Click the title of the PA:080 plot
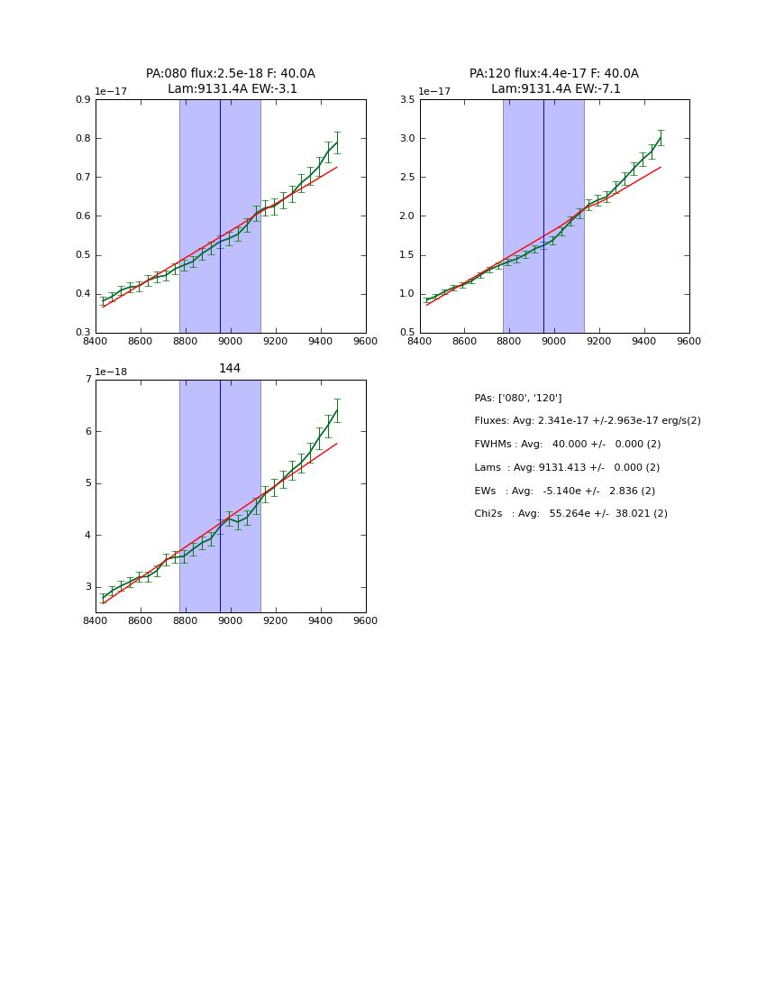[x=231, y=81]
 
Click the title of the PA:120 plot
[x=554, y=81]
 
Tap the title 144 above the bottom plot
[x=230, y=369]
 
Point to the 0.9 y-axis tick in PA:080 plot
[x=82, y=100]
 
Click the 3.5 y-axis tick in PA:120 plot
[x=406, y=100]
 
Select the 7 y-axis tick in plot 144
[x=87, y=380]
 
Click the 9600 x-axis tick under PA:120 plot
[x=688, y=341]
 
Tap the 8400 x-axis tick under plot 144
[x=96, y=620]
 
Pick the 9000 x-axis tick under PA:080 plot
[x=231, y=341]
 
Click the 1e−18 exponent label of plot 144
[x=111, y=372]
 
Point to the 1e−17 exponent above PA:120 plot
[x=434, y=91]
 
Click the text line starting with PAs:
[x=518, y=399]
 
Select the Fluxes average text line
[x=587, y=421]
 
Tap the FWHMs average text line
[x=567, y=445]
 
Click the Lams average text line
[x=567, y=468]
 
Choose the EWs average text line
[x=564, y=491]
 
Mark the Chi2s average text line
[x=570, y=514]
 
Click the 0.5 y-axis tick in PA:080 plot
[x=82, y=255]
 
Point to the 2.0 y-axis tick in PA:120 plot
[x=406, y=216]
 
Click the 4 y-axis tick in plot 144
[x=87, y=536]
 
